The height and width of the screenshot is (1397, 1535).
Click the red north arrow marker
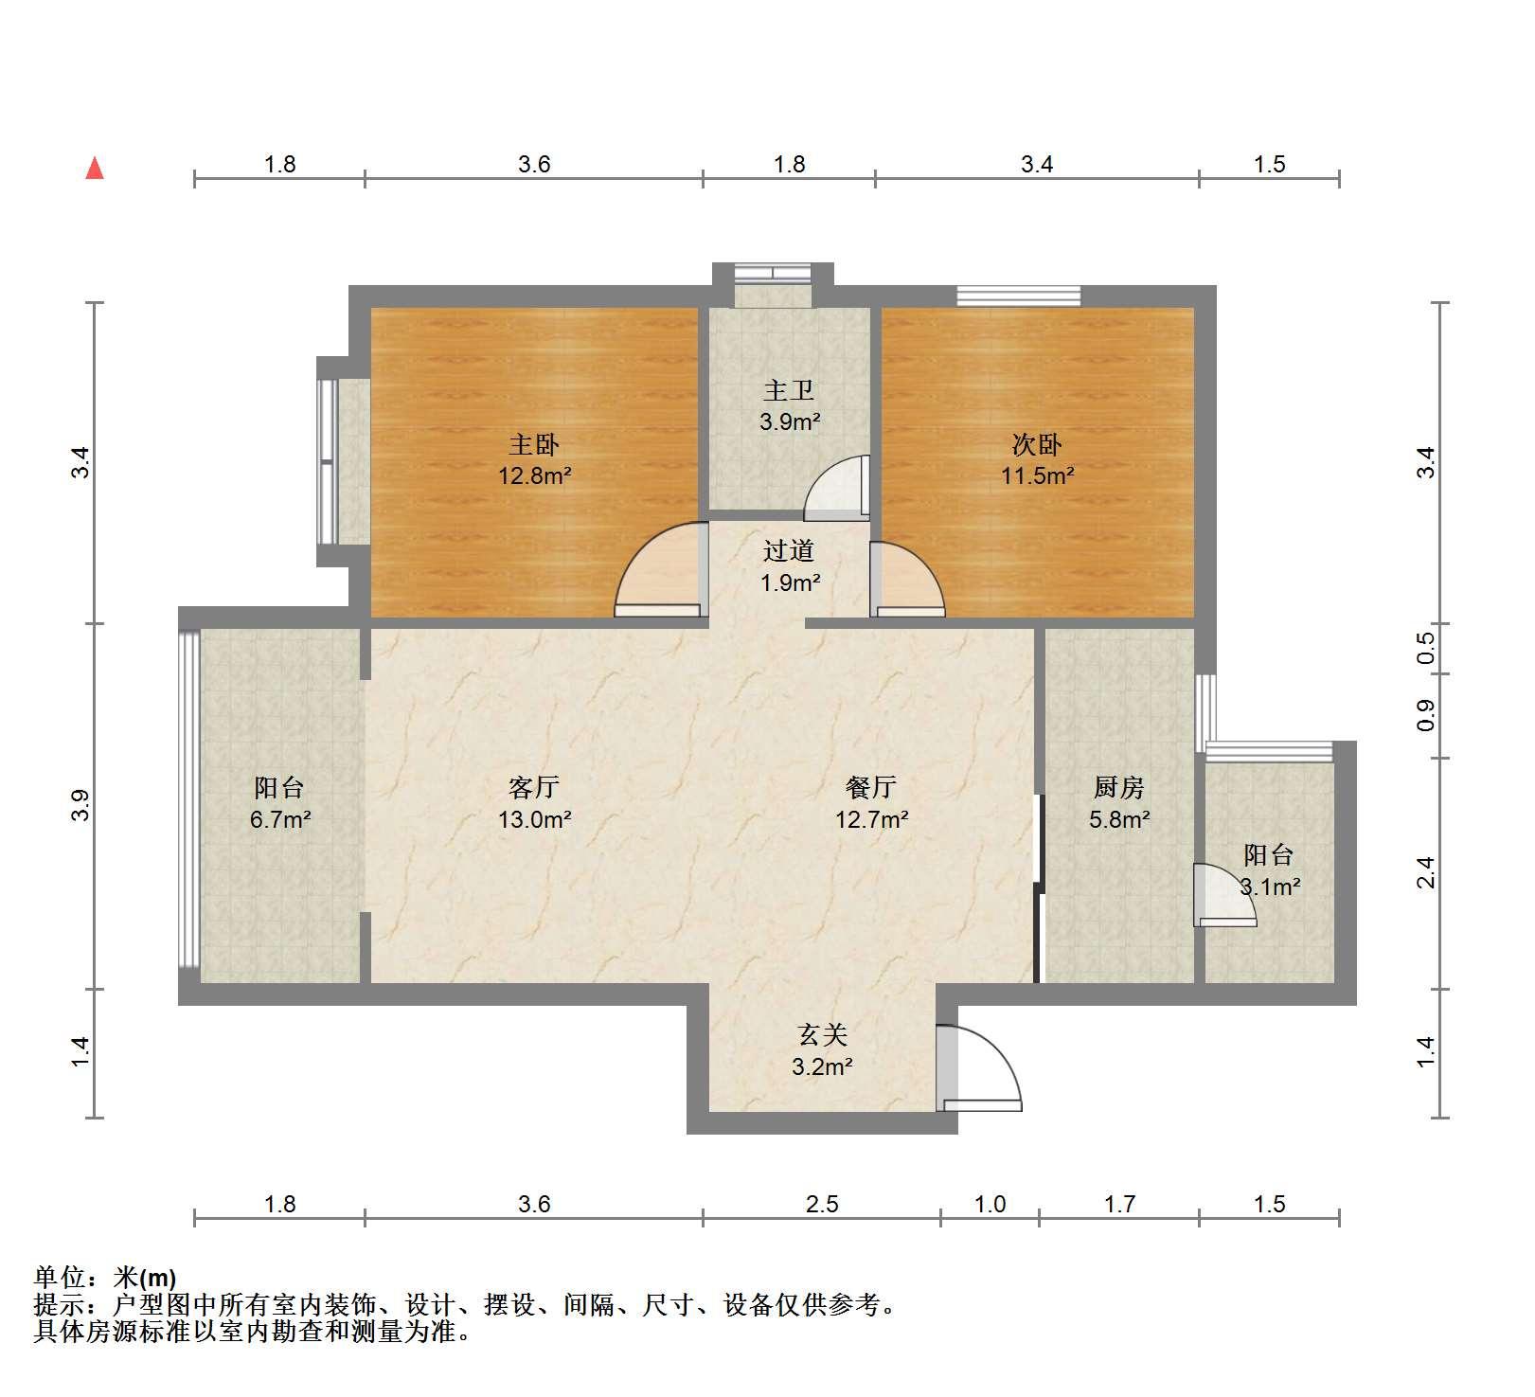point(95,168)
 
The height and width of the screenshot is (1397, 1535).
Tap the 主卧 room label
point(534,444)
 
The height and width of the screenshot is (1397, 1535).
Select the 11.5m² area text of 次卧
point(1038,475)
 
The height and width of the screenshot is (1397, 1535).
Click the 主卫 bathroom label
point(789,390)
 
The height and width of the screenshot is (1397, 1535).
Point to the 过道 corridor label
point(789,551)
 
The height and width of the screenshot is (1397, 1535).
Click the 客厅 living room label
point(534,787)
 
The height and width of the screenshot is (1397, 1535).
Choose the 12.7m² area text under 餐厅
point(872,819)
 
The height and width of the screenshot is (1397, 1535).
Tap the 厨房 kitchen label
point(1119,787)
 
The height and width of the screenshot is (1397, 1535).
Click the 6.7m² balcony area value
point(281,819)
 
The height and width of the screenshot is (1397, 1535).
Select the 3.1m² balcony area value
point(1270,887)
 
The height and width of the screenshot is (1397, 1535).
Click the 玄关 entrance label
point(822,1034)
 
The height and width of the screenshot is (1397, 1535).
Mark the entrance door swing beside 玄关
point(979,1067)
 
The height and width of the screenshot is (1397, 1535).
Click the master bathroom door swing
point(837,488)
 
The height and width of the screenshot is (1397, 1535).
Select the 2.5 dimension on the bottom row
point(822,1204)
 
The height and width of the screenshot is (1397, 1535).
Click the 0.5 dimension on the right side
point(1426,649)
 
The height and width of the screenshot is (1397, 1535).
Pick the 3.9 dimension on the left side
point(82,805)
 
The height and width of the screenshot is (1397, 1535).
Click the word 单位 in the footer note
point(60,1278)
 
